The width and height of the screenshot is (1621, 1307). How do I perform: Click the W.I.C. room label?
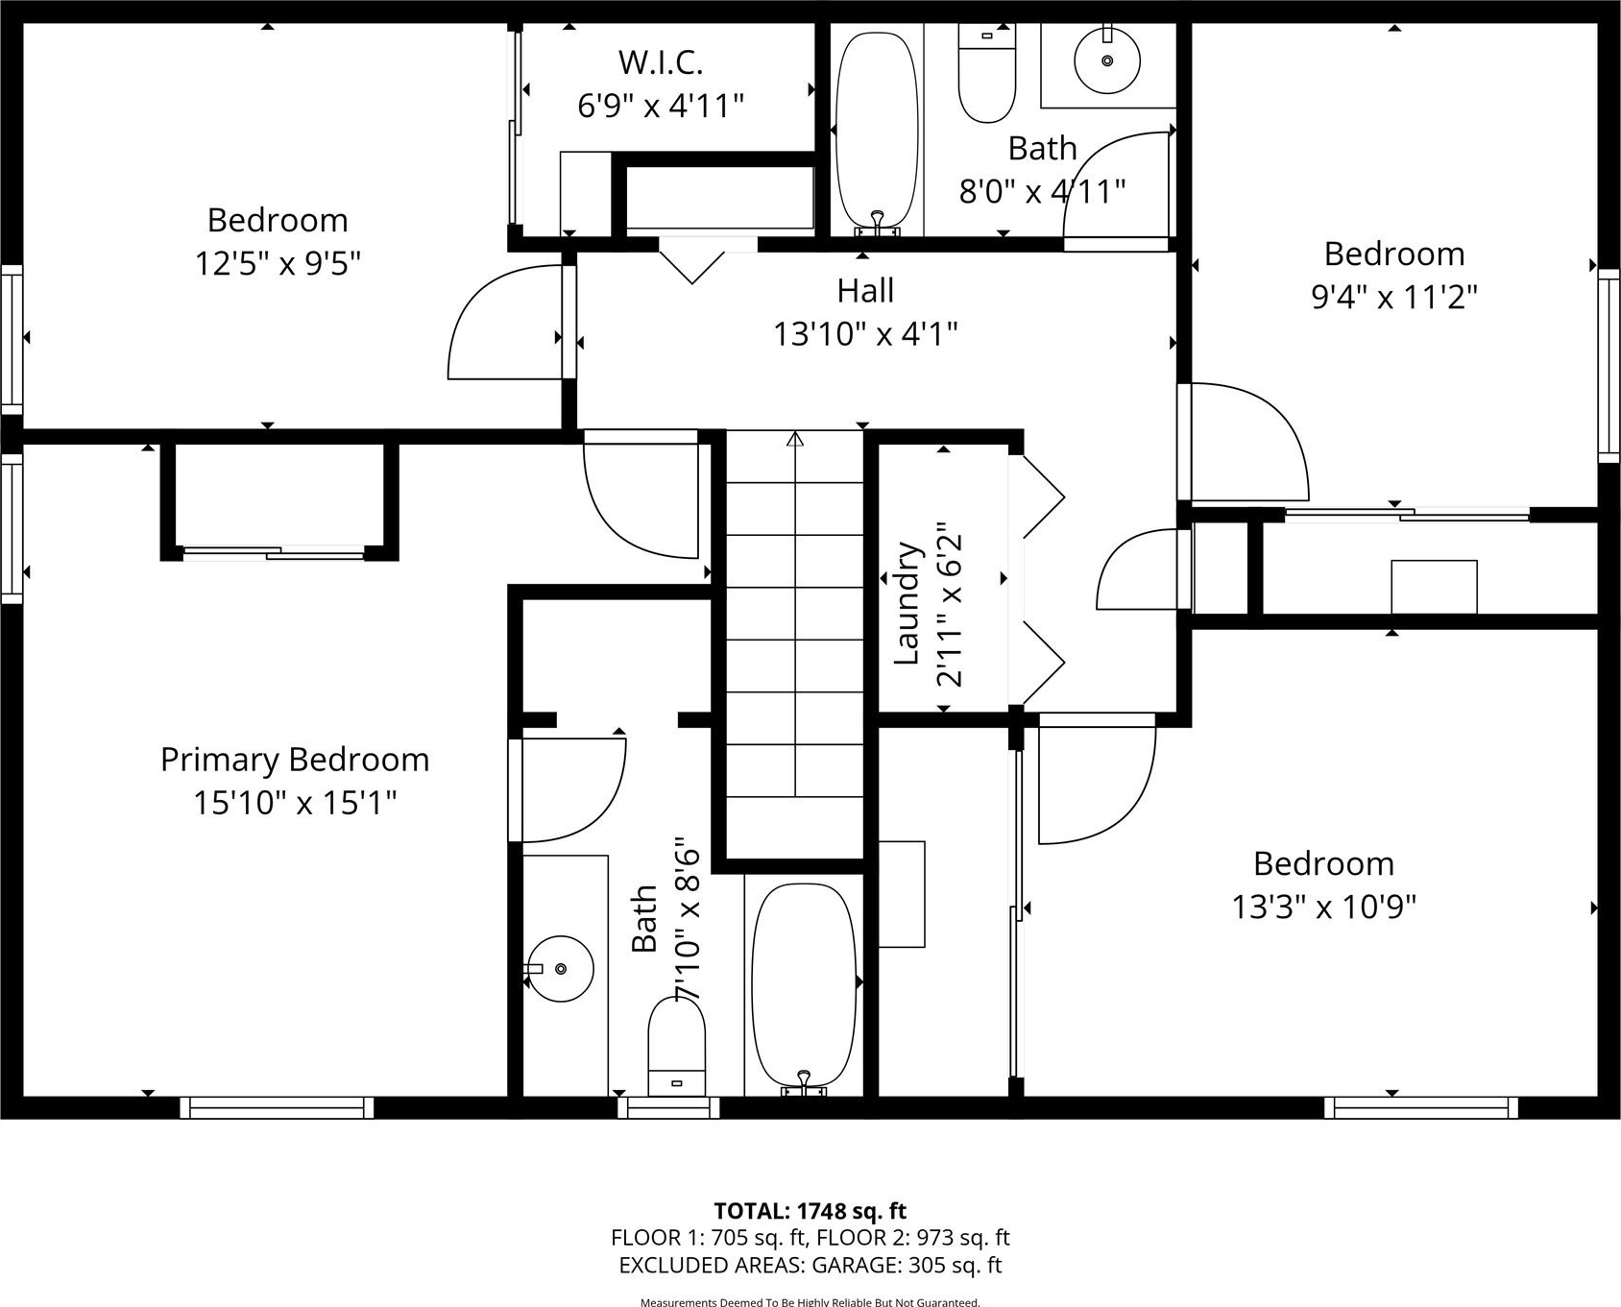click(661, 62)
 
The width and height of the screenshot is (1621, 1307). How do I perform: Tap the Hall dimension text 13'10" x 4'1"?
click(866, 334)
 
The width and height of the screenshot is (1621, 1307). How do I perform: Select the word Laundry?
click(907, 604)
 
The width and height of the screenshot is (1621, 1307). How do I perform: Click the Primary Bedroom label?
click(295, 760)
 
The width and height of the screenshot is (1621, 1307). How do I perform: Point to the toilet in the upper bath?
click(987, 74)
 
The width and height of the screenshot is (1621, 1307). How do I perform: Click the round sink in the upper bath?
click(1107, 61)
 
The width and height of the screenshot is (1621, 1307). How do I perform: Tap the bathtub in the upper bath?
click(877, 133)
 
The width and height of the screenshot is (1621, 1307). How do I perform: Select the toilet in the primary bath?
click(677, 1046)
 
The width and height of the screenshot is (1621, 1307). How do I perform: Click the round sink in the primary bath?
click(560, 969)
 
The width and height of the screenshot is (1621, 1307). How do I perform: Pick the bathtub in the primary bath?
click(804, 989)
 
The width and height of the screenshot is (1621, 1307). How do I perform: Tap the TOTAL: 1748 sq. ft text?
click(810, 1211)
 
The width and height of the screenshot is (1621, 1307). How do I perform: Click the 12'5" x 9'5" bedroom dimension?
click(278, 263)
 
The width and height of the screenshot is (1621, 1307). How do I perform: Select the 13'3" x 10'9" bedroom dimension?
click(1324, 907)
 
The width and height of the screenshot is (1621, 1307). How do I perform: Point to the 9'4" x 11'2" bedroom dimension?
click(1394, 297)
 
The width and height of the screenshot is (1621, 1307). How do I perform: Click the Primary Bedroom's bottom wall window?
click(278, 1107)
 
